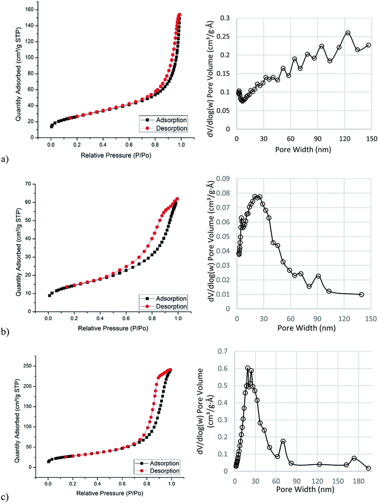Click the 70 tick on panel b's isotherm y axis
pos(41,184)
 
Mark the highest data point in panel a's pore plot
pos(348,33)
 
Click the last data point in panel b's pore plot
pos(361,294)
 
